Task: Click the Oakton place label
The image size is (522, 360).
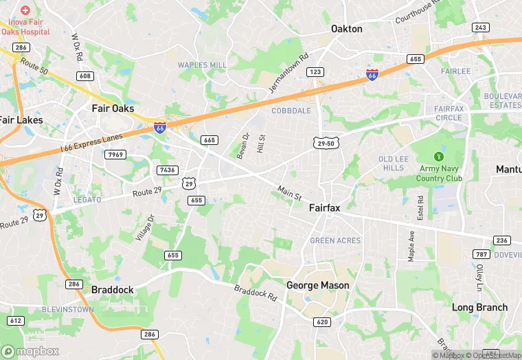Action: click(x=346, y=29)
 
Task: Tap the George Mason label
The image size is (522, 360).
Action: click(x=317, y=285)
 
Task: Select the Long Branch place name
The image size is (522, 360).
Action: click(x=479, y=308)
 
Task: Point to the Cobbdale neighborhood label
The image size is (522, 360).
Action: click(x=291, y=111)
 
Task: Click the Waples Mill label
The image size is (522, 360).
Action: click(x=202, y=65)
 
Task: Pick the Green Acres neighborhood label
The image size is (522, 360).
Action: click(x=335, y=241)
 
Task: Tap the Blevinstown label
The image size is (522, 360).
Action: click(x=67, y=310)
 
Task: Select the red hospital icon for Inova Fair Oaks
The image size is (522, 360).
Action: click(x=25, y=11)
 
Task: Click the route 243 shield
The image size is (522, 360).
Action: click(x=481, y=27)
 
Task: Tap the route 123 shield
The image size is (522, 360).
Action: click(x=316, y=71)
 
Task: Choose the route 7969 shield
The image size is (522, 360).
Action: click(x=116, y=155)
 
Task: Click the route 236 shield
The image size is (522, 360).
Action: click(x=501, y=240)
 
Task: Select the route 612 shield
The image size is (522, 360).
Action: click(x=16, y=320)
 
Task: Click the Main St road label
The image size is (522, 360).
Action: click(x=290, y=192)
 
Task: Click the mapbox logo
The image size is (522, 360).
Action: click(x=30, y=351)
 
